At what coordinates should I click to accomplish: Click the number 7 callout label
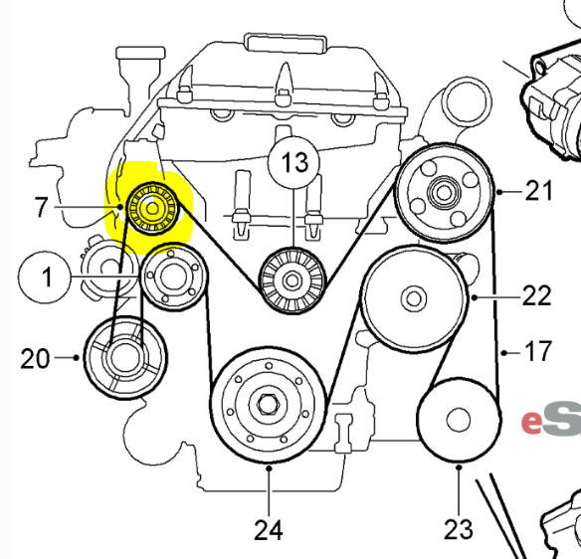tap(41, 207)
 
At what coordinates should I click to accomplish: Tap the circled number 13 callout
tap(294, 162)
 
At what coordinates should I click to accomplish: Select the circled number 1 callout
tap(44, 277)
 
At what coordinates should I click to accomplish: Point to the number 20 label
tap(35, 359)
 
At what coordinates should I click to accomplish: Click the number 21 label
tap(539, 191)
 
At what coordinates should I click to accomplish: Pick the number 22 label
tap(537, 295)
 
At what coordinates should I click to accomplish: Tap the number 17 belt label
tap(536, 351)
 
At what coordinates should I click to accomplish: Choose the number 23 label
tap(459, 529)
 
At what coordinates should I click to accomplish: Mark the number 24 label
tap(269, 530)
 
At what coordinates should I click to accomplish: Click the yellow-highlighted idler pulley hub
tap(152, 209)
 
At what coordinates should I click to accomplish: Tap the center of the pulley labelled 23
tap(459, 420)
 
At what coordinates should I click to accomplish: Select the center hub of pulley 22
tap(414, 298)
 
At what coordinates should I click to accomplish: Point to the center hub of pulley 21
tap(444, 193)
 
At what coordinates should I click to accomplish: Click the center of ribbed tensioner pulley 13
tap(291, 280)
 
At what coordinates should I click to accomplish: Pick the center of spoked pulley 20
tap(125, 358)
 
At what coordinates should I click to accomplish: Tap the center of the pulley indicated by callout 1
tap(173, 277)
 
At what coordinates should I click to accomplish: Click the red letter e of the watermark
tap(531, 422)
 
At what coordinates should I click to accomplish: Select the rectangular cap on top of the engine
tap(286, 43)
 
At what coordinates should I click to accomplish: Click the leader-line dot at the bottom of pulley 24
tap(269, 468)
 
